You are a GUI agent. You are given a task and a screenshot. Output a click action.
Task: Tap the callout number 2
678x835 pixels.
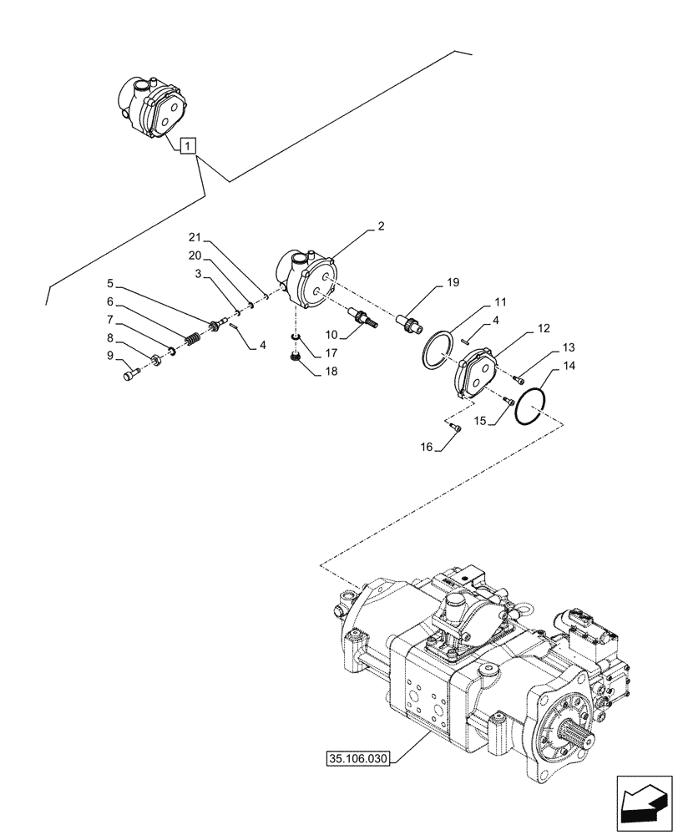point(381,226)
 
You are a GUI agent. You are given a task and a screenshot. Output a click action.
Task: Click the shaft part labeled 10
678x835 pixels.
point(365,318)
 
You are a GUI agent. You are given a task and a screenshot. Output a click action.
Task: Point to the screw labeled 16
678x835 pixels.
point(455,428)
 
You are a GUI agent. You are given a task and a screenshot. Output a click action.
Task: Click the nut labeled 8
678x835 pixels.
point(157,362)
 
